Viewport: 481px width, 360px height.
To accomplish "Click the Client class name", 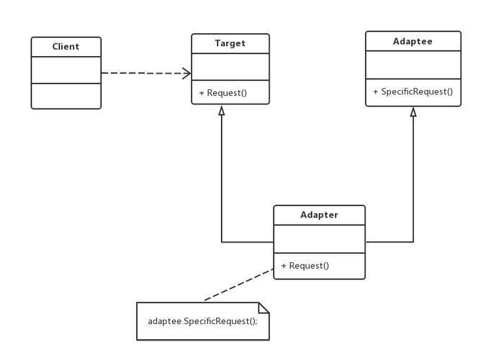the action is [66, 47].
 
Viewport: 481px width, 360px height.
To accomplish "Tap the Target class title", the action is [230, 43].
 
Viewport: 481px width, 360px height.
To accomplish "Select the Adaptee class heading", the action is [413, 41].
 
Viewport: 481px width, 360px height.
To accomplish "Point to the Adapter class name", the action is [319, 215].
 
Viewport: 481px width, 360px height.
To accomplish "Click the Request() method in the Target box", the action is [223, 93].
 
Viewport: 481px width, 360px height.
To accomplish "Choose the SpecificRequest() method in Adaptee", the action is [413, 91].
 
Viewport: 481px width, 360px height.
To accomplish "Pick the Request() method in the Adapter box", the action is [305, 266].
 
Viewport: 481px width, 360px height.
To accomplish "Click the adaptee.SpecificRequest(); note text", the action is [203, 321].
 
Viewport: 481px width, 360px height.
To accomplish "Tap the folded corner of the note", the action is [264, 308].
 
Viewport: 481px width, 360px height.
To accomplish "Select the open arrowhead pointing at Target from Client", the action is [186, 73].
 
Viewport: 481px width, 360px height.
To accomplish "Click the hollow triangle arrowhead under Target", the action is [222, 111].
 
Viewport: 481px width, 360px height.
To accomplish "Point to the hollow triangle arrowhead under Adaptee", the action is [413, 112].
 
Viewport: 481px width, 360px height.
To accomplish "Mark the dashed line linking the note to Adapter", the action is [238, 284].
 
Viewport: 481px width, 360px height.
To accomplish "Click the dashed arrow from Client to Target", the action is [146, 73].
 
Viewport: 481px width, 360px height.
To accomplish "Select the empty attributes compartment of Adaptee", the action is [413, 65].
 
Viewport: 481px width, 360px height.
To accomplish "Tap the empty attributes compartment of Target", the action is [230, 67].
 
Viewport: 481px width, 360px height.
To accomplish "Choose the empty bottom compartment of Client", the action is [66, 96].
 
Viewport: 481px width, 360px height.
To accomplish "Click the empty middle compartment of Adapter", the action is [319, 239].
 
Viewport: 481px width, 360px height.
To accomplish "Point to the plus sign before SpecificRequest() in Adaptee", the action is [375, 91].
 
